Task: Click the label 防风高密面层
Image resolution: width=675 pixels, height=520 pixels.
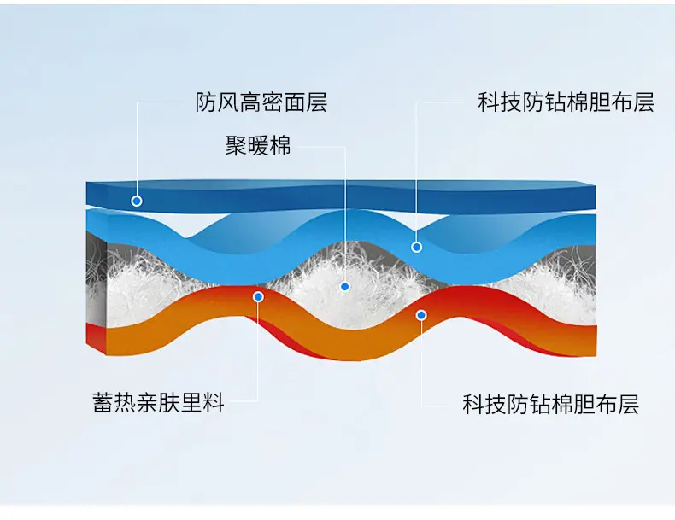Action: [x=261, y=102]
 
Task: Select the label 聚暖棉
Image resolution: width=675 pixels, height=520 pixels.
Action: [x=258, y=145]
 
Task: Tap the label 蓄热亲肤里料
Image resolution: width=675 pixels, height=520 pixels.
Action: [x=158, y=402]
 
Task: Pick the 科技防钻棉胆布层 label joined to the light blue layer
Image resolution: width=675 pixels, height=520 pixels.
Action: [x=566, y=102]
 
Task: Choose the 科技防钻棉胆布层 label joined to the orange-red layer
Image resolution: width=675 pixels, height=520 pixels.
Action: [x=550, y=404]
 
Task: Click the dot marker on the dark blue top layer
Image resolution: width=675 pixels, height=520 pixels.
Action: [x=137, y=201]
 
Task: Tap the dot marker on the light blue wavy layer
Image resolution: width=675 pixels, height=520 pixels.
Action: [x=416, y=247]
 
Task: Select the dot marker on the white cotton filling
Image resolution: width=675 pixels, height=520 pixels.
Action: [x=344, y=286]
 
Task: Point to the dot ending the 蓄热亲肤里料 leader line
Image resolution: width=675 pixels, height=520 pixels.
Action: [x=258, y=297]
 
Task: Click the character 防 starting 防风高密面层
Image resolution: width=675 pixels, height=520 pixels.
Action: [x=206, y=102]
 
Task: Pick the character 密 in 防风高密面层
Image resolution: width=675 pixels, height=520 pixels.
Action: [x=272, y=102]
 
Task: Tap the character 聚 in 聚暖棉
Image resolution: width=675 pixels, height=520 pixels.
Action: [x=236, y=145]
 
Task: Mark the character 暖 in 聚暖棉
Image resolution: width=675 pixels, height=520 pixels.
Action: [x=258, y=145]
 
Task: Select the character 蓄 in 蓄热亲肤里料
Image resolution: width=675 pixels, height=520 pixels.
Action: [x=103, y=402]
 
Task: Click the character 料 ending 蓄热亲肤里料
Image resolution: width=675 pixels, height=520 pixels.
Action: [x=214, y=402]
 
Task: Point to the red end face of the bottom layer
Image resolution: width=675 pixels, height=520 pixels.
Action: [x=96, y=337]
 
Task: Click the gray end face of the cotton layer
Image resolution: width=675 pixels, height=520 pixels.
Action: [x=97, y=279]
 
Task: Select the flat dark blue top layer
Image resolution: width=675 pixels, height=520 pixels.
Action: [x=341, y=197]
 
